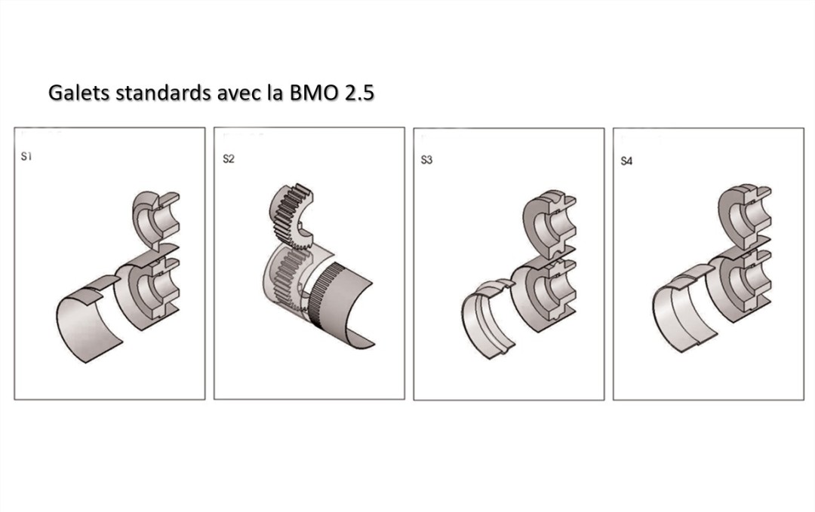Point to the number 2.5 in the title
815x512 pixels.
click(x=359, y=94)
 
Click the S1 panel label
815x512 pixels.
click(x=26, y=158)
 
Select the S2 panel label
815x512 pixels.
click(x=228, y=160)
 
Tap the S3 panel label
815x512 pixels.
click(x=426, y=161)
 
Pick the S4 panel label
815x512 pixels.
click(x=626, y=161)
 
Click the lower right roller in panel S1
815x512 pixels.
click(x=151, y=290)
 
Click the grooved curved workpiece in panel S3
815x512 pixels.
click(x=487, y=317)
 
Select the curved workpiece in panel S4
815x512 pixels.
click(x=679, y=313)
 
